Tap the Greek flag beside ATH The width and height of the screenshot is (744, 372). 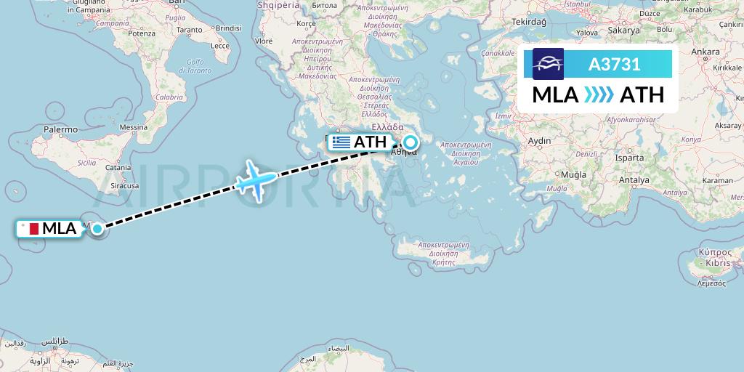point(340,142)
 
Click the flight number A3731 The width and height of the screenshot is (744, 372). point(614,65)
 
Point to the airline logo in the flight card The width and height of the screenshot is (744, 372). point(548,64)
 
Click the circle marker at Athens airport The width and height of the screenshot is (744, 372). point(411,143)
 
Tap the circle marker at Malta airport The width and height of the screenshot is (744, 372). point(97,229)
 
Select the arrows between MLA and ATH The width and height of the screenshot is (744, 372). point(599,95)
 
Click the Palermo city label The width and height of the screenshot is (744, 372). point(60,129)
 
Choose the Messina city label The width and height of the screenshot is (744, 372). point(133,127)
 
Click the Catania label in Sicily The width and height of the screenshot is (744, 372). point(117,168)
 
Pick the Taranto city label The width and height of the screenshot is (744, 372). point(189,30)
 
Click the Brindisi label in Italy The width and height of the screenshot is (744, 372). point(227,28)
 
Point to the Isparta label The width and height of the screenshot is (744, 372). point(629,158)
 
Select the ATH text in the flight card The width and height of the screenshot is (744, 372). point(642,95)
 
